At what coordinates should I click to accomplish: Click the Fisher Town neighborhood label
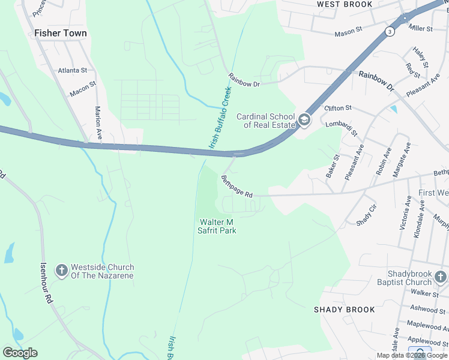(61, 34)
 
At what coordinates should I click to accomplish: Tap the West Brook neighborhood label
(345, 4)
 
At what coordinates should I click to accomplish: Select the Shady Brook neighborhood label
(345, 310)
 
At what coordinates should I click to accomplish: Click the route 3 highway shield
(390, 31)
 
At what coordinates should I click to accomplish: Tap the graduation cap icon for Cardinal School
(304, 121)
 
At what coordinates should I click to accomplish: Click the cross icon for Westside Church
(61, 271)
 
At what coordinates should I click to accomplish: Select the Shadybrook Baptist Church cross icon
(441, 277)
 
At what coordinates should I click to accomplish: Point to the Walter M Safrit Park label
(218, 226)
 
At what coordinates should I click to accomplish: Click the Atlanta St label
(73, 70)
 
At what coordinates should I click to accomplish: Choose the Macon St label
(83, 89)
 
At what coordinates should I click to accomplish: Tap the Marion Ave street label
(98, 124)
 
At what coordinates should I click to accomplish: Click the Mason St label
(349, 29)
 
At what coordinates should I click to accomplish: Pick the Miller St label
(420, 28)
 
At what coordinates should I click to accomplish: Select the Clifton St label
(338, 108)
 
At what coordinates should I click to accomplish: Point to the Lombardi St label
(342, 128)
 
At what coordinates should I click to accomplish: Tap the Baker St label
(333, 166)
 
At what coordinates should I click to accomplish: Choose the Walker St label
(425, 293)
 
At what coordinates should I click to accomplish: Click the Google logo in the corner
(20, 353)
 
